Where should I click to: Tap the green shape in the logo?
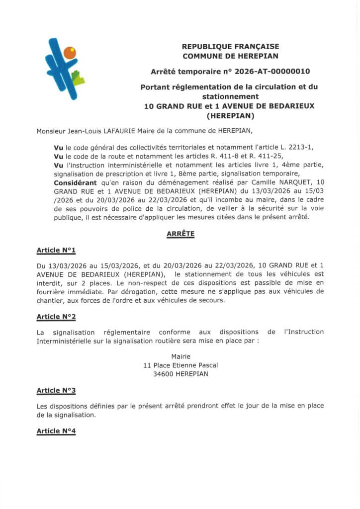coord(77,78)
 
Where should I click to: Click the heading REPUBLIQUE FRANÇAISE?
coord(230,46)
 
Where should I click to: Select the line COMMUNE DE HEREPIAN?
coord(230,56)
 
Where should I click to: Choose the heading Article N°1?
coord(56,250)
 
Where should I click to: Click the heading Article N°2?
coord(56,316)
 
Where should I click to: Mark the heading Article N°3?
coord(56,390)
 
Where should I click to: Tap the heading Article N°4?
coord(56,431)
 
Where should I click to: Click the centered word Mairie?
coord(180,356)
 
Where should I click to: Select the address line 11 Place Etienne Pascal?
coord(180,365)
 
